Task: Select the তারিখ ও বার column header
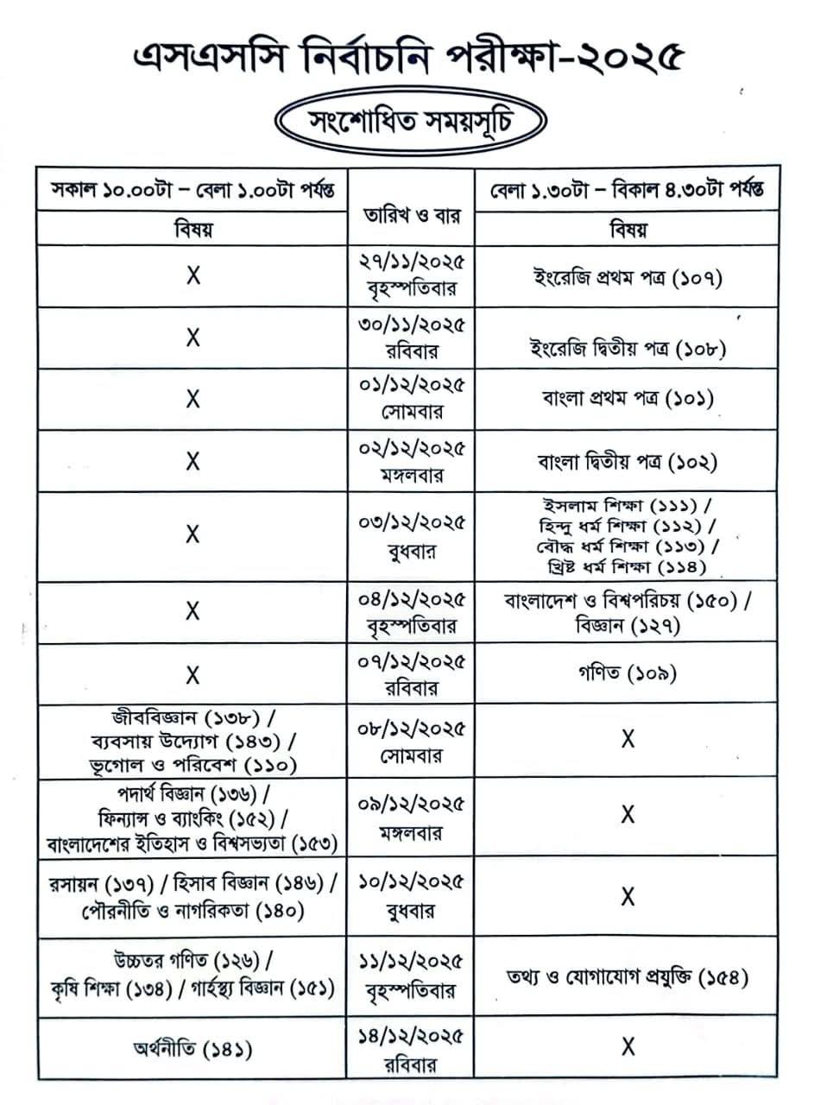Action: pyautogui.click(x=412, y=214)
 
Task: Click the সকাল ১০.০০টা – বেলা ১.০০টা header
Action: pyautogui.click(x=193, y=189)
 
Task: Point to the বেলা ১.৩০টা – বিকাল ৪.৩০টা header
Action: pyautogui.click(x=627, y=189)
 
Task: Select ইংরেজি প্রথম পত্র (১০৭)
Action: pyautogui.click(x=628, y=277)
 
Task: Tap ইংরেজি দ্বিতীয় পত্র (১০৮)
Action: pyautogui.click(x=628, y=348)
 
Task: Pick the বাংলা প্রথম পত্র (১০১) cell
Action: pyautogui.click(x=628, y=399)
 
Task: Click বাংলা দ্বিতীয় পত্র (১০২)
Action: pyautogui.click(x=628, y=462)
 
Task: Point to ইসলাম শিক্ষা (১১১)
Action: pyautogui.click(x=628, y=505)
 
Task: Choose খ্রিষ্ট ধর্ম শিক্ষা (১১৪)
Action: pyautogui.click(x=628, y=567)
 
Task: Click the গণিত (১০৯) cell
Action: pyautogui.click(x=628, y=672)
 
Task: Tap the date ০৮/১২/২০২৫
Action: pyautogui.click(x=412, y=729)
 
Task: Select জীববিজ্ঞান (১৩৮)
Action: pyautogui.click(x=193, y=717)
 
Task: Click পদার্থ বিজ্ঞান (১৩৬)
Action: pyautogui.click(x=193, y=792)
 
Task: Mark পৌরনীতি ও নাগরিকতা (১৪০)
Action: pyautogui.click(x=193, y=910)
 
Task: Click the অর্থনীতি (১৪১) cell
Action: pyautogui.click(x=193, y=1050)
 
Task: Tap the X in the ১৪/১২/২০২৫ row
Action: pyautogui.click(x=628, y=1047)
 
